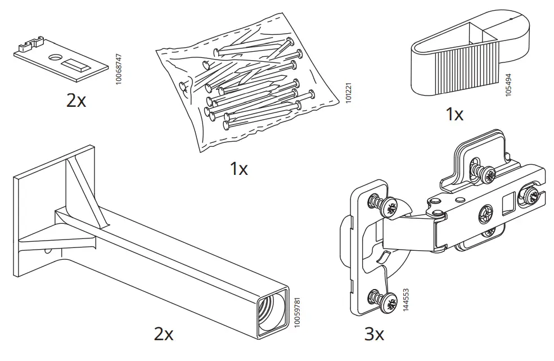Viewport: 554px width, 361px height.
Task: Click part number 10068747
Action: point(119,69)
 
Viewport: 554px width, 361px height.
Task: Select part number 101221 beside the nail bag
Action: point(348,93)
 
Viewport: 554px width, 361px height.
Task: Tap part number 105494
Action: point(508,85)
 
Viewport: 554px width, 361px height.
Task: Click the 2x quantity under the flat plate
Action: point(76,101)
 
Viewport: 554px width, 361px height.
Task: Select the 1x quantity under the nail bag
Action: point(239,169)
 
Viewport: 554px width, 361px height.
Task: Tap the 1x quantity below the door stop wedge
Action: point(454,114)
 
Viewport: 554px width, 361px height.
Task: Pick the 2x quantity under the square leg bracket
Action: point(164,333)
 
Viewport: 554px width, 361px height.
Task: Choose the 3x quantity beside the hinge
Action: point(374,333)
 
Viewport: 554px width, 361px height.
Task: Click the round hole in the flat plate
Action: point(55,57)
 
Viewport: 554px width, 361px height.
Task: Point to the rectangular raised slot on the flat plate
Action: point(73,65)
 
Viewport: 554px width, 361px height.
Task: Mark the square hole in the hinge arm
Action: point(509,204)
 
